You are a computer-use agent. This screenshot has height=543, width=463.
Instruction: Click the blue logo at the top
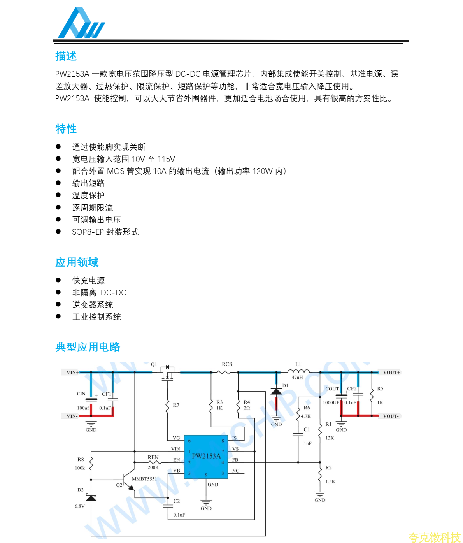[81, 23]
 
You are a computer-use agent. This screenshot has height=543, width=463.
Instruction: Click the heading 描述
[66, 56]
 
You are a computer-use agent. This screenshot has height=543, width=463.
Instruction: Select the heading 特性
[66, 129]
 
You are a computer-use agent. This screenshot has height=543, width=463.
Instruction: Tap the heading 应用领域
[77, 262]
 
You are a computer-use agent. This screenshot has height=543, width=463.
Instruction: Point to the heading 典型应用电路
[88, 347]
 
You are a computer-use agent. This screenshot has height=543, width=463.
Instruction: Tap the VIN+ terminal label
[72, 373]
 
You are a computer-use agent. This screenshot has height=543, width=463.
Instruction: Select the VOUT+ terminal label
[391, 373]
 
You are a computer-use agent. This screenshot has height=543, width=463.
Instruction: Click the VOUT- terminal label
[391, 416]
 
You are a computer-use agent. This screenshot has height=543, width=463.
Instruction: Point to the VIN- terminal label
[72, 416]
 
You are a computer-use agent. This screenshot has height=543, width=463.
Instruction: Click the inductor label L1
[298, 364]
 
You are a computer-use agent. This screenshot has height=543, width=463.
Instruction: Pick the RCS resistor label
[227, 364]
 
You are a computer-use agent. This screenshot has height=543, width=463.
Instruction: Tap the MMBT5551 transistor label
[144, 479]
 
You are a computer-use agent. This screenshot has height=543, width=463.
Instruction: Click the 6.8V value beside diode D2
[80, 506]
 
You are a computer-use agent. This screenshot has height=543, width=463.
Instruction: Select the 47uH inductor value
[297, 377]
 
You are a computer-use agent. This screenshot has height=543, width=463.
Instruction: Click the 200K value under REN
[153, 467]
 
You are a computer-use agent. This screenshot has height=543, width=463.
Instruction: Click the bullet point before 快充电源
[58, 280]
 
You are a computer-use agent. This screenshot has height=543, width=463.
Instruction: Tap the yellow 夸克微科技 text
[434, 538]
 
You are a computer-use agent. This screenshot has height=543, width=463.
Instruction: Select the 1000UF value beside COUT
[331, 402]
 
